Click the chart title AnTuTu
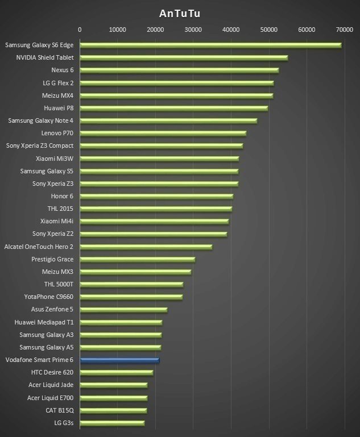(x=180, y=14)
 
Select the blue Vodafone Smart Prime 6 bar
(x=120, y=360)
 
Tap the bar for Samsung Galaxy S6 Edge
(x=211, y=45)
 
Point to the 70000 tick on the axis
(x=345, y=30)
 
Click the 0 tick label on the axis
(x=80, y=30)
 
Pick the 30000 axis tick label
(x=193, y=30)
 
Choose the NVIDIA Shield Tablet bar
(x=184, y=58)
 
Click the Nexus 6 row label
(x=63, y=70)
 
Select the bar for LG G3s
(x=113, y=423)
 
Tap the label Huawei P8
(x=59, y=108)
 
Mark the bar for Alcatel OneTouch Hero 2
(x=146, y=247)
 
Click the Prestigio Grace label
(x=52, y=259)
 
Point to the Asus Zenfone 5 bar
(x=124, y=310)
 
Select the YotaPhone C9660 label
(x=49, y=297)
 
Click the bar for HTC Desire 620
(x=117, y=373)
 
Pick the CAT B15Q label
(x=60, y=410)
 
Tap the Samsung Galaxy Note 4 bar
(x=169, y=121)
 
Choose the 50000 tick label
(x=269, y=30)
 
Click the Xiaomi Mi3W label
(x=55, y=159)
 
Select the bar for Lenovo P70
(x=163, y=134)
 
